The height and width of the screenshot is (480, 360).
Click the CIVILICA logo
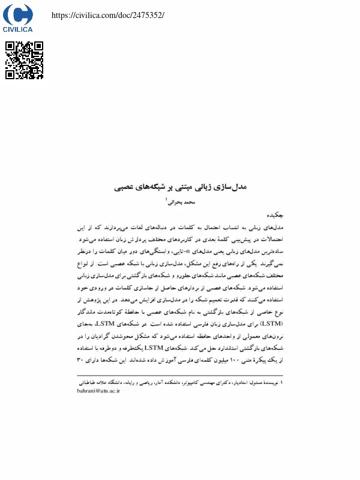click(18, 18)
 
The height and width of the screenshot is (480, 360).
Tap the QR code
click(25, 60)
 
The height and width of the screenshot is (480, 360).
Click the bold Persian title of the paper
click(180, 188)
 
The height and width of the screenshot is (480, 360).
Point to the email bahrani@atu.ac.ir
click(99, 390)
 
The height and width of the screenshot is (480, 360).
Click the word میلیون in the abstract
click(180, 360)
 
